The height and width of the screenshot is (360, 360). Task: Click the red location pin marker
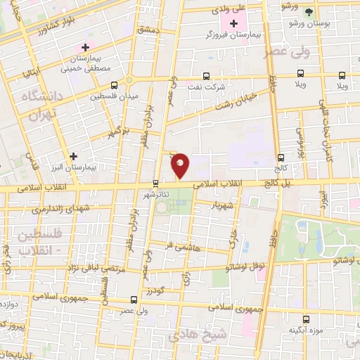(181, 165)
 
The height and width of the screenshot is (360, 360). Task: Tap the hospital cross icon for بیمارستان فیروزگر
(234, 23)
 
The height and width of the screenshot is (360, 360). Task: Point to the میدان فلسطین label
(114, 96)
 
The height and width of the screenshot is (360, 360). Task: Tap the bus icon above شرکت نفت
(206, 76)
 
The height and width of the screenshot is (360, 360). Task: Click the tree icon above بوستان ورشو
(307, 12)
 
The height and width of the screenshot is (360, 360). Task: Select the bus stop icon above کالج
(281, 157)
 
